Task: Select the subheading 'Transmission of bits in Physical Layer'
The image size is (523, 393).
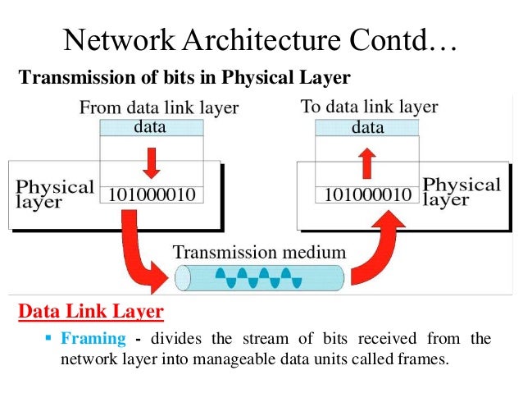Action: coord(184,78)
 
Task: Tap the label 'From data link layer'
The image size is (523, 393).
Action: coord(158,107)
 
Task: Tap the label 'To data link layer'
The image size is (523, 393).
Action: coord(369,107)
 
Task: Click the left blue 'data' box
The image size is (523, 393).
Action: coord(150,127)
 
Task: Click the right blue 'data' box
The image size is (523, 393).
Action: coord(367,127)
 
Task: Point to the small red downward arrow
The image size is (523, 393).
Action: coord(150,162)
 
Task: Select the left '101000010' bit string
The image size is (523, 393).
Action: coord(150,195)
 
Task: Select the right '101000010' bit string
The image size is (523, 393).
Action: coord(367,195)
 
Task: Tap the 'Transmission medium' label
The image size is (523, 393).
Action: coord(260,252)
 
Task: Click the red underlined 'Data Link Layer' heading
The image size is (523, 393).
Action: coord(90,313)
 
